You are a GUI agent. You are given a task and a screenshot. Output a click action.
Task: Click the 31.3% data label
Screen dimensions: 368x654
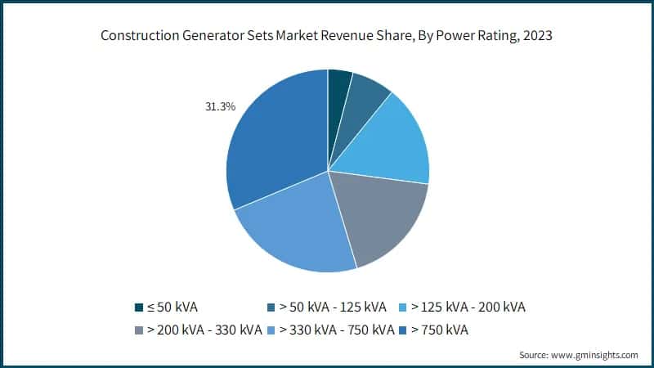pos(220,106)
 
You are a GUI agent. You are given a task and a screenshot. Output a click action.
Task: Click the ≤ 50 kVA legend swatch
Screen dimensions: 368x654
pos(139,307)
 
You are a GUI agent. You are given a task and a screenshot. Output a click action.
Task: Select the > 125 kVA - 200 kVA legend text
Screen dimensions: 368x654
pos(468,307)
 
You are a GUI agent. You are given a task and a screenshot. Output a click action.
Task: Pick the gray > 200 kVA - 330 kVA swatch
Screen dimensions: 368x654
pos(139,330)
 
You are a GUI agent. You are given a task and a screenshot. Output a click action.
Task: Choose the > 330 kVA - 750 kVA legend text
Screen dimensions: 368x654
pos(337,330)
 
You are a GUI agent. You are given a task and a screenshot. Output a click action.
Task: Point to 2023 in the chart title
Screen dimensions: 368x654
pos(537,36)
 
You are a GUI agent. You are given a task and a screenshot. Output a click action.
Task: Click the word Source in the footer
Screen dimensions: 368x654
pos(536,355)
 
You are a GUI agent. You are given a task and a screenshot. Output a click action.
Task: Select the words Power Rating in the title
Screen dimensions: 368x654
pos(473,36)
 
